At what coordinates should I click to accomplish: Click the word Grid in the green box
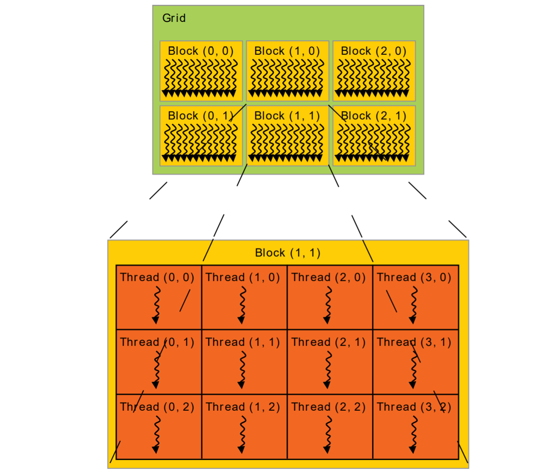pyautogui.click(x=174, y=18)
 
